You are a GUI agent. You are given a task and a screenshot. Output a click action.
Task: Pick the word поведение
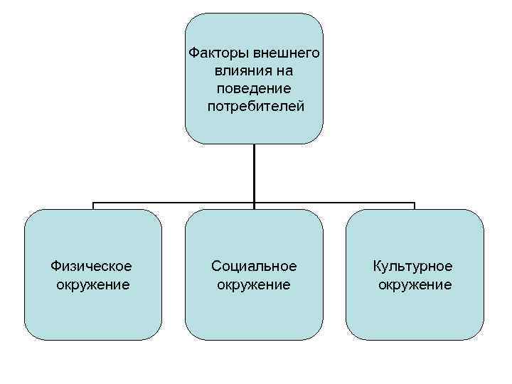(254, 89)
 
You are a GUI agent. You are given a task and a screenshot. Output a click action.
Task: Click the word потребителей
(255, 107)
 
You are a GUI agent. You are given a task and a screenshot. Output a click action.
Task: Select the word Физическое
(92, 266)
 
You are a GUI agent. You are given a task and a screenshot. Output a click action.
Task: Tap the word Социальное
(254, 266)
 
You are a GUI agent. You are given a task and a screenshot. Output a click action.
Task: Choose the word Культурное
(415, 266)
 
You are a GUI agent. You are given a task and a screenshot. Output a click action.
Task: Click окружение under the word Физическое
(92, 284)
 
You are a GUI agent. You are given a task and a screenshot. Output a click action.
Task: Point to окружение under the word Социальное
(254, 284)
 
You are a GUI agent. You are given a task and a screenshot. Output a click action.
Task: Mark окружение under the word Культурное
(415, 284)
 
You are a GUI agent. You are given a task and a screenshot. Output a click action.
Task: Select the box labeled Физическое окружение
(92, 313)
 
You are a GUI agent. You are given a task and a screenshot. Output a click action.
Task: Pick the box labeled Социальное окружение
(254, 313)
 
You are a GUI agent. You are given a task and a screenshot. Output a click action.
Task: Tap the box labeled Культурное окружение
(415, 313)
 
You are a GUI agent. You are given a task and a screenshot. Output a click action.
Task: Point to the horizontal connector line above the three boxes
(178, 203)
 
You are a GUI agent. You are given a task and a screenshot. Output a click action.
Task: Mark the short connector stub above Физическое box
(93, 206)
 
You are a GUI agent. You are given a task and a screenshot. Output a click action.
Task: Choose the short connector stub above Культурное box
(415, 206)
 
